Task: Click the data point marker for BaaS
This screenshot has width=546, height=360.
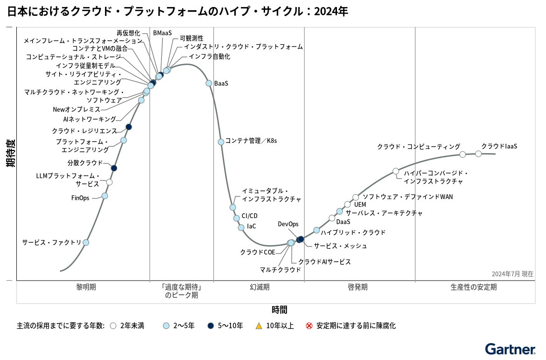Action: point(209,83)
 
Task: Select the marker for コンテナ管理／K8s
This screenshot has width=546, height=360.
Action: point(221,142)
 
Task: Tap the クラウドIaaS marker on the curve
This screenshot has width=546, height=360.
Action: point(478,154)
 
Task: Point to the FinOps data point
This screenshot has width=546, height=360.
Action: point(105,196)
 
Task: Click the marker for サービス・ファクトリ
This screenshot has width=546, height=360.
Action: point(86,242)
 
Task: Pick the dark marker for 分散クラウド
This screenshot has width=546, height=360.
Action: point(114,168)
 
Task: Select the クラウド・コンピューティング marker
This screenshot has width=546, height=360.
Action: point(462,155)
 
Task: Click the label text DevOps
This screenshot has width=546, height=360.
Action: point(288,224)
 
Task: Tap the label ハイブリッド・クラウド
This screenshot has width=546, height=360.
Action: point(353,232)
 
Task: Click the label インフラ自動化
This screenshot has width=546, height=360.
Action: point(209,56)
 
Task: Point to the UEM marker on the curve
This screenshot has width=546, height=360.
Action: point(347,205)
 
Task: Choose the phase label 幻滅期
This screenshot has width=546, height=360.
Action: point(259,287)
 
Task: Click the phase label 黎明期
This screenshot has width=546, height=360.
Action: point(86,287)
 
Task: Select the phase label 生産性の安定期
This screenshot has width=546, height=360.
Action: point(474,287)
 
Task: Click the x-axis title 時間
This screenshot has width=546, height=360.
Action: point(280,310)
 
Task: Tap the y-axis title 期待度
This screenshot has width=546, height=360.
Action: point(10,153)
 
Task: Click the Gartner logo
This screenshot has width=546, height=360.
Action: point(510,349)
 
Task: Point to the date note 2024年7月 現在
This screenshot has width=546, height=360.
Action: point(512,274)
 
